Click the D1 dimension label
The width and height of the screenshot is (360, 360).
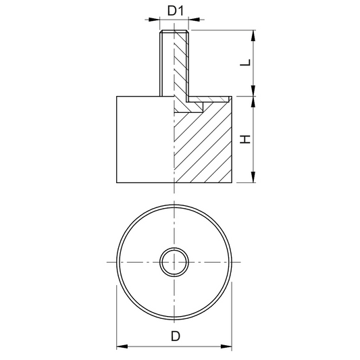[176, 11]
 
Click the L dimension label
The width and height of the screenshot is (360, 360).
[245, 63]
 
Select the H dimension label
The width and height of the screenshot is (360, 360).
[245, 139]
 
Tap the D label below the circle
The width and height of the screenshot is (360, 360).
[176, 336]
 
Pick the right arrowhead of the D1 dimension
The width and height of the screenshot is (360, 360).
[194, 20]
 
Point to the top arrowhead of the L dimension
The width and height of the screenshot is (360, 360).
[253, 36]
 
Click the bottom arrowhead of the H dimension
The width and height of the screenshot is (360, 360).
[253, 177]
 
